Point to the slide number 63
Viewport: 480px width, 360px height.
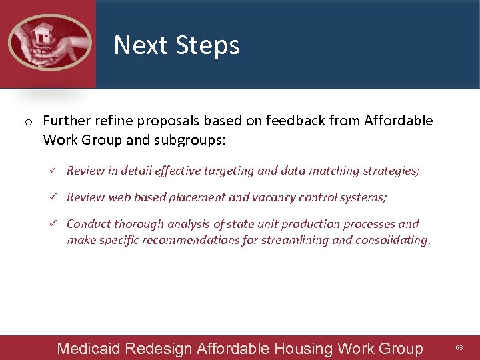pyautogui.click(x=459, y=348)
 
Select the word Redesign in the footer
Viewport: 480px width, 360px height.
pyautogui.click(x=158, y=349)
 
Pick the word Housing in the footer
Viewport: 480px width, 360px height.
pyautogui.click(x=303, y=349)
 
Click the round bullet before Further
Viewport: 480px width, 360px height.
pyautogui.click(x=29, y=122)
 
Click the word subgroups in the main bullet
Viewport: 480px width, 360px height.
pyautogui.click(x=195, y=140)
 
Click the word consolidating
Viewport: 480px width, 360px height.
pyautogui.click(x=393, y=240)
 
